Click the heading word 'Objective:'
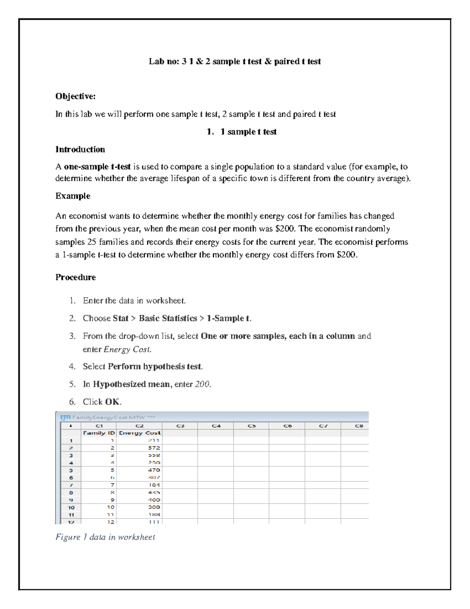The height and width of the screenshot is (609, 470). pos(75,96)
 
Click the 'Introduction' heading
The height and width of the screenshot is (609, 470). pos(80,149)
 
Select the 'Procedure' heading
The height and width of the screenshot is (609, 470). pos(76,277)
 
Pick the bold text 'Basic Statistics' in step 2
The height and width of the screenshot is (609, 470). pos(168,318)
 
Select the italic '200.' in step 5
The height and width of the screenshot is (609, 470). pos(203,384)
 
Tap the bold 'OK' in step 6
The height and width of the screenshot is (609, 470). pos(112,402)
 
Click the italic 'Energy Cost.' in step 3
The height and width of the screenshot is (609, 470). pos(127,349)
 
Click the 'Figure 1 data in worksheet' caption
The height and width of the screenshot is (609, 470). pos(105,537)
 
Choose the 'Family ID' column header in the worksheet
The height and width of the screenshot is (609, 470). pos(99,433)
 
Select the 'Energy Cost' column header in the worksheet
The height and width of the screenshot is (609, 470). pos(139,433)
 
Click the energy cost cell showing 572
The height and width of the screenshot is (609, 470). pos(154,448)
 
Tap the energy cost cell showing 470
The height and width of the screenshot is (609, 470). pos(154,470)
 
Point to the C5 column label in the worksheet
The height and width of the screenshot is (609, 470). pos(251,425)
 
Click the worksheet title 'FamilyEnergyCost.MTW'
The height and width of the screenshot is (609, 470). pos(108,417)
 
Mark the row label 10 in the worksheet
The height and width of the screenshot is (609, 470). pos(71,507)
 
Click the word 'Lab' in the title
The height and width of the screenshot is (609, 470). pos(156,62)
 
